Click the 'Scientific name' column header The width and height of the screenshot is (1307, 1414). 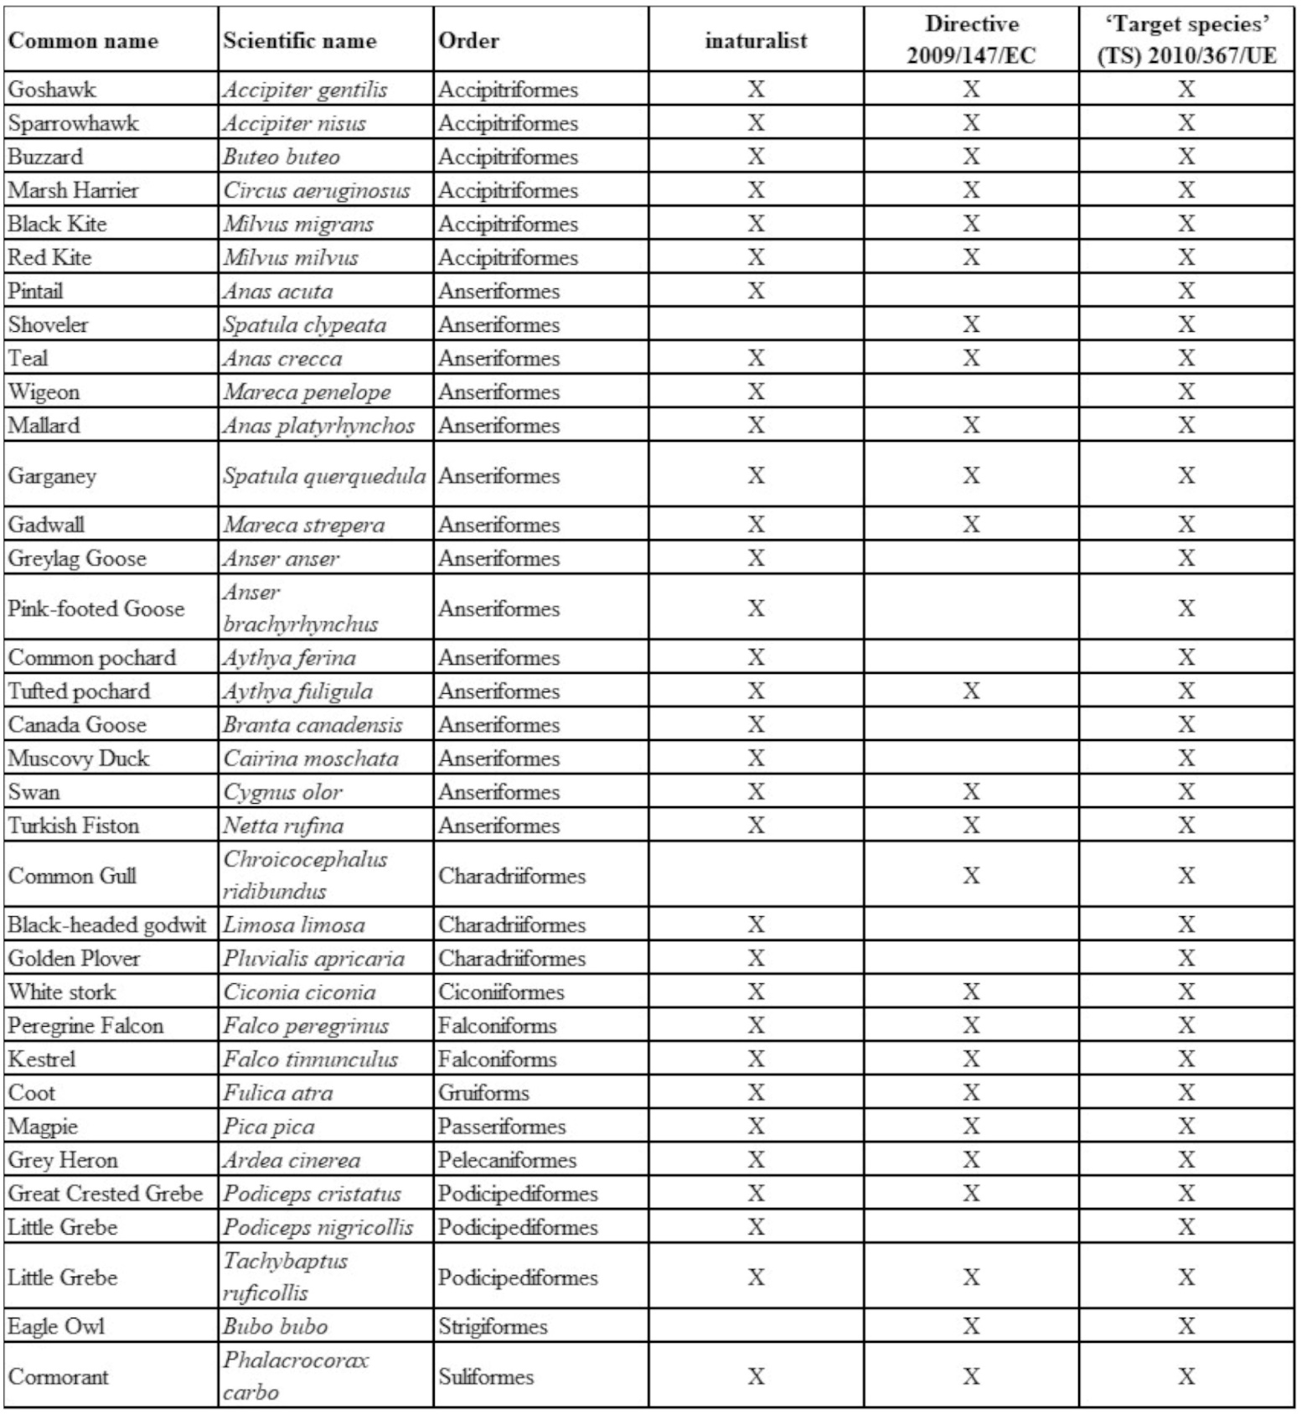[299, 40]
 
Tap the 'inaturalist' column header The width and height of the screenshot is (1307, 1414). [756, 40]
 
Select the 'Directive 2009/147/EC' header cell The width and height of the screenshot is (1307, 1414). [971, 40]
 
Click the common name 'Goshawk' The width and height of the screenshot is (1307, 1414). [52, 90]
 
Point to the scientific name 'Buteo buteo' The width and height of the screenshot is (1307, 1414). [282, 157]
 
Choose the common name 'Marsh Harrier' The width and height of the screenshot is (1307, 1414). [73, 190]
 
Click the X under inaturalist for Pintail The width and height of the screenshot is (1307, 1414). [756, 291]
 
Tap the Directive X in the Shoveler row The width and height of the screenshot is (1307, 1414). [971, 324]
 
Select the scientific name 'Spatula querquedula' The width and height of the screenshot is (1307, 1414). [324, 476]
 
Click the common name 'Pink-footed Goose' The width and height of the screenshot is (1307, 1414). [96, 609]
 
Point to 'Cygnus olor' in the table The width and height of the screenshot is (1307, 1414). [282, 792]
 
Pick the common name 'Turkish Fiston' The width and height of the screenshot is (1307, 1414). [74, 826]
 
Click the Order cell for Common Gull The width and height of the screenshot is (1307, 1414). [512, 876]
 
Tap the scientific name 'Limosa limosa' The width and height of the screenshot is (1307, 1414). [294, 925]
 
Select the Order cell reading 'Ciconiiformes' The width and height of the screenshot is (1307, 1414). [501, 992]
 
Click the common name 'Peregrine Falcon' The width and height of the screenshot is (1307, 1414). [85, 1026]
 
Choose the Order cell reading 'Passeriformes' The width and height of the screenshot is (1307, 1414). [502, 1127]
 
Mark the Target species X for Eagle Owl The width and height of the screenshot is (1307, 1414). [1186, 1326]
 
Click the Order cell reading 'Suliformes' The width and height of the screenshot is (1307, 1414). [486, 1376]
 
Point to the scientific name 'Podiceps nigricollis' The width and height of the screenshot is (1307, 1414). [318, 1227]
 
